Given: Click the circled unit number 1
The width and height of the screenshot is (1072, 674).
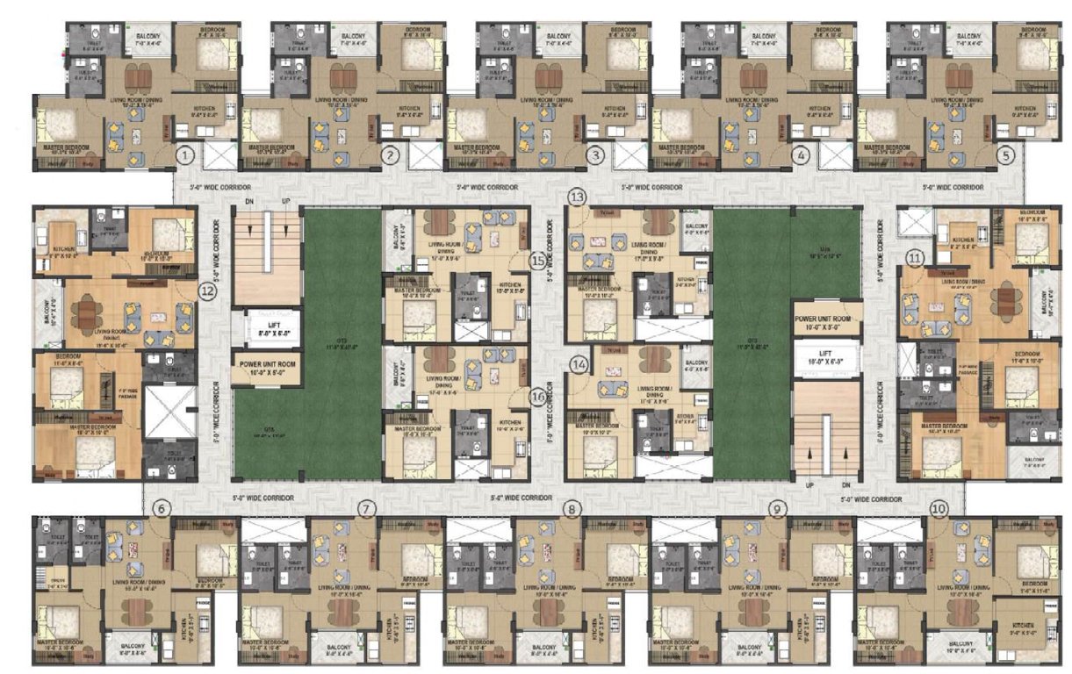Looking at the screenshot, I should point(184,155).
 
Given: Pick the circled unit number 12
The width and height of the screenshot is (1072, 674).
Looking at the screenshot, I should point(207,292).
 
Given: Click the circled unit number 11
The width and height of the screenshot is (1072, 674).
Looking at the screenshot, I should point(916,258).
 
